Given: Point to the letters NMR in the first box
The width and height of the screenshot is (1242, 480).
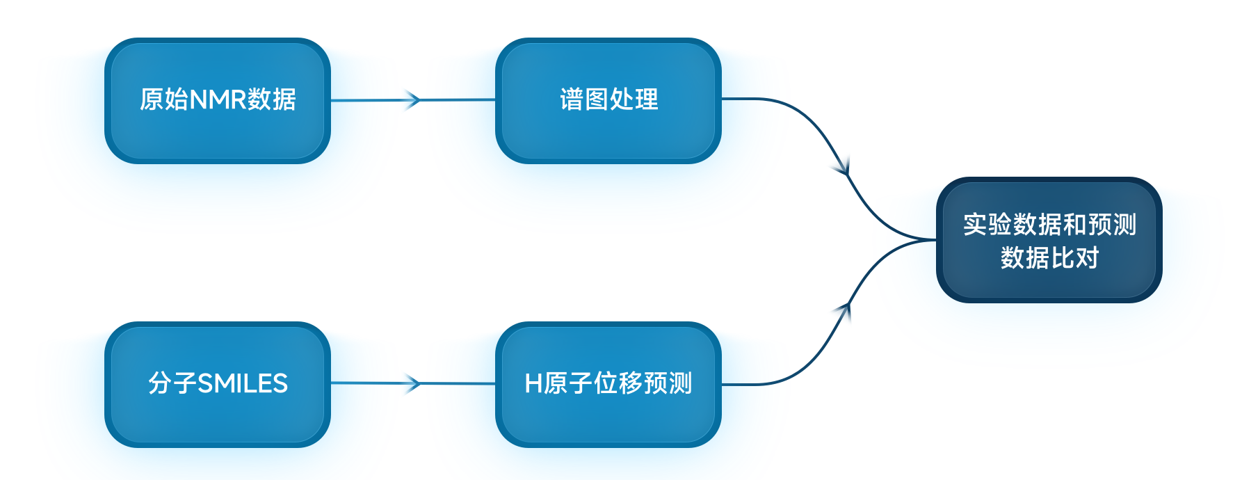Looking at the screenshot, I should [x=218, y=100].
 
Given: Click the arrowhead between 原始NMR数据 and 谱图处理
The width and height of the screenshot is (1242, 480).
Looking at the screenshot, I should [x=414, y=100].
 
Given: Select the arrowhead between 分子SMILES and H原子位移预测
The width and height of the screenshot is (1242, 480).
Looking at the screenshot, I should [x=414, y=383].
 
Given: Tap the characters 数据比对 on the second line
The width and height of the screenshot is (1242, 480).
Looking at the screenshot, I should [x=1049, y=258].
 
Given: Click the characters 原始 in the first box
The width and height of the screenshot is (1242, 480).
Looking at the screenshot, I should [x=164, y=100].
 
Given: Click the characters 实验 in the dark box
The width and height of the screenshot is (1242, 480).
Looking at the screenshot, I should [x=987, y=225].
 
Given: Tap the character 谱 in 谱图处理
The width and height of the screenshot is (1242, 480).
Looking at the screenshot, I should [x=572, y=99].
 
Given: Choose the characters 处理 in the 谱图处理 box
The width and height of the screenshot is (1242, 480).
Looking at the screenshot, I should [x=634, y=99].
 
